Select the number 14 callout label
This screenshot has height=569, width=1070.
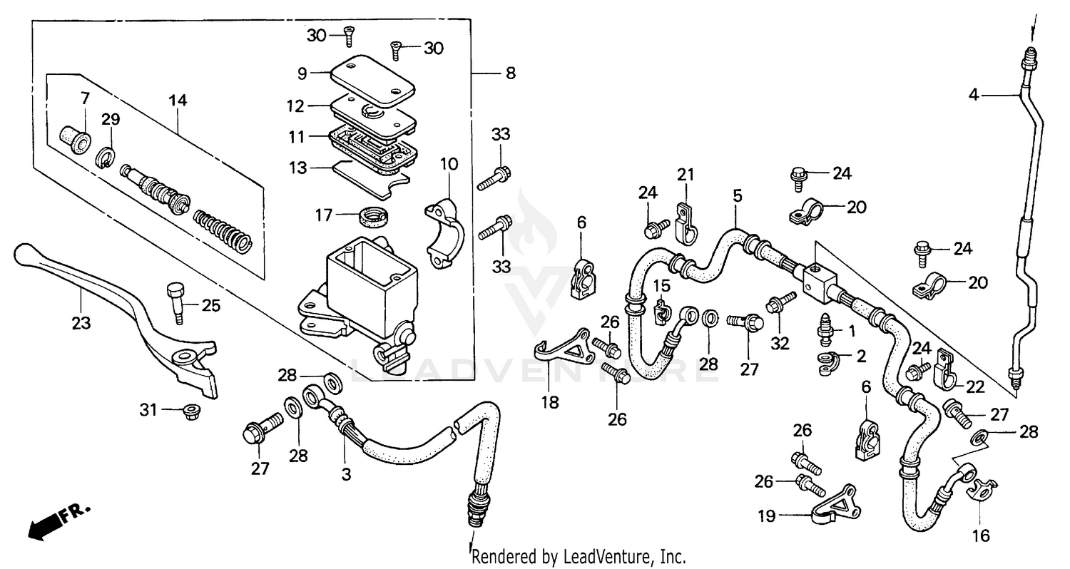178,101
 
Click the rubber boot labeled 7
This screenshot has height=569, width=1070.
74,138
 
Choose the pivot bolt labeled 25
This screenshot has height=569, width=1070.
175,299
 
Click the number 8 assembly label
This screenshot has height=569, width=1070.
509,73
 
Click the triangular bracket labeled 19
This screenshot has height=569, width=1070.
835,507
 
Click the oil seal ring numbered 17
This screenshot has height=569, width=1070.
372,212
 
